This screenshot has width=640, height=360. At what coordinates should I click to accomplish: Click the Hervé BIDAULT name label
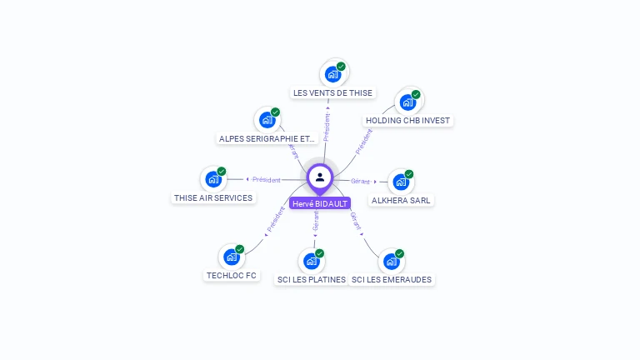[320, 203]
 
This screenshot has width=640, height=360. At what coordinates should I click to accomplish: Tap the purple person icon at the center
[320, 177]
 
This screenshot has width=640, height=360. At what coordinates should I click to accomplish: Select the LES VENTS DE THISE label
[332, 92]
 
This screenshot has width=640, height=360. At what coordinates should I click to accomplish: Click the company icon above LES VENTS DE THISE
[333, 73]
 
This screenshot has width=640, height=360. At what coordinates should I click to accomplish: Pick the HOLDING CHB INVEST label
[408, 120]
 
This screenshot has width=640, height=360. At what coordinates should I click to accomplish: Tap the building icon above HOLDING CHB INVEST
[407, 102]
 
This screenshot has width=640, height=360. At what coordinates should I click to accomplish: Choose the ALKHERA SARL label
[402, 200]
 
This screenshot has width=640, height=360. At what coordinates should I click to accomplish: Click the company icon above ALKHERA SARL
[401, 182]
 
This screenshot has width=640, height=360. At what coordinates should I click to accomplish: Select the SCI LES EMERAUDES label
[392, 279]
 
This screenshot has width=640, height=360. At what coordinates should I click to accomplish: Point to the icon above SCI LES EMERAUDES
[392, 261]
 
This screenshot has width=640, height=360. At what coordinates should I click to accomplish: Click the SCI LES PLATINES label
[311, 279]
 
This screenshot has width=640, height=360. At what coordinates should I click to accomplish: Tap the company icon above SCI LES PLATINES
[312, 261]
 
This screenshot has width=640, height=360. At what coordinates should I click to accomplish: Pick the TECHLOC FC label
[232, 275]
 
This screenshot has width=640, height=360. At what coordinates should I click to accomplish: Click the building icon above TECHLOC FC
[232, 257]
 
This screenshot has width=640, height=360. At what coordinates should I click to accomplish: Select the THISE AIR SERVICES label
[213, 197]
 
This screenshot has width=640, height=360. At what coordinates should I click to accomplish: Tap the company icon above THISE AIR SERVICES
[213, 178]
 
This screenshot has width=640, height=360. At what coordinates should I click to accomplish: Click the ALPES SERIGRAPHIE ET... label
[267, 138]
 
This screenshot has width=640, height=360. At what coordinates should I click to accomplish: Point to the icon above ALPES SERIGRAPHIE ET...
[267, 119]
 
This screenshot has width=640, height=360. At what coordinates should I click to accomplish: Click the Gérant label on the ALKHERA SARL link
[360, 181]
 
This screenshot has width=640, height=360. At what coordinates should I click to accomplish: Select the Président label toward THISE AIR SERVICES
[267, 179]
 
